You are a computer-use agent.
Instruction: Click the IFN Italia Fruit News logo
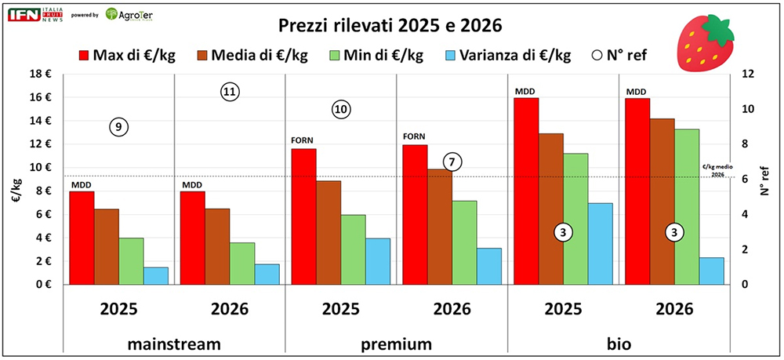tap(33, 15)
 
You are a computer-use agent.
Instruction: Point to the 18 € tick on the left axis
tap(40, 75)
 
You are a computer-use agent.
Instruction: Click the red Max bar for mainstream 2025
tap(82, 238)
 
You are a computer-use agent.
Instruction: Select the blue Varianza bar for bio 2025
tap(601, 243)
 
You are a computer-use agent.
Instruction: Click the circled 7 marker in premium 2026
tap(452, 162)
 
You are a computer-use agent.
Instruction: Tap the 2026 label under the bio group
tap(674, 309)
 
